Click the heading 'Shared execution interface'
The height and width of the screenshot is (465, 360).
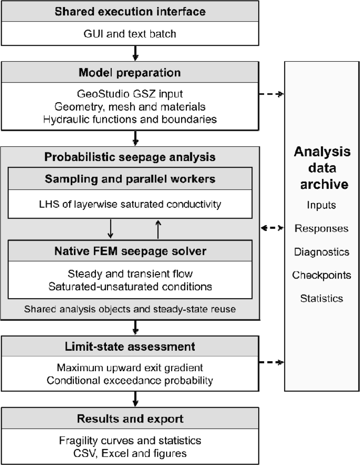coord(130,12)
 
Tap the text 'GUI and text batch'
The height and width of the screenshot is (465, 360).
coord(130,34)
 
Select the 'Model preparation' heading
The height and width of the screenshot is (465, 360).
coord(130,73)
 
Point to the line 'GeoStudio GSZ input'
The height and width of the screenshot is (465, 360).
coord(130,94)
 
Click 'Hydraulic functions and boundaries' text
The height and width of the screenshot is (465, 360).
coord(130,119)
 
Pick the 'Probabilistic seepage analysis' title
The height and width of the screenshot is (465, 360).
coord(130,157)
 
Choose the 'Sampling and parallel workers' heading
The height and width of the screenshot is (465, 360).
coord(130,179)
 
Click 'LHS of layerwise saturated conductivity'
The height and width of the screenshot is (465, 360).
coord(130,204)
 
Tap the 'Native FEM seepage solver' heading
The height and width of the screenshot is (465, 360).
coord(130,251)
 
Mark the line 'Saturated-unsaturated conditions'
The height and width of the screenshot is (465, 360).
coord(130,287)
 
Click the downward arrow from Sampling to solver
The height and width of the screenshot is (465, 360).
coord(110,229)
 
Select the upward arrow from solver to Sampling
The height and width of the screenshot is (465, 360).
coord(158,229)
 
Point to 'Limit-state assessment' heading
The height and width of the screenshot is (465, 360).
coord(130,347)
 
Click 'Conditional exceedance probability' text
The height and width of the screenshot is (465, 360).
coord(130,380)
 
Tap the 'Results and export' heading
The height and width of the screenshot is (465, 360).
coord(130,419)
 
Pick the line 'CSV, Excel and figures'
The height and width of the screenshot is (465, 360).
coord(130,453)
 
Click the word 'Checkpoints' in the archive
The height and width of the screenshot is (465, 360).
coord(322,275)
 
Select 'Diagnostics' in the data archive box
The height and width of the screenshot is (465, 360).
coord(322,252)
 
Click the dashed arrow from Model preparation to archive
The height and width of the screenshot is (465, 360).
coord(272,94)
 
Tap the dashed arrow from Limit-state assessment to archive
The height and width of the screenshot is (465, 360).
coord(272,362)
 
